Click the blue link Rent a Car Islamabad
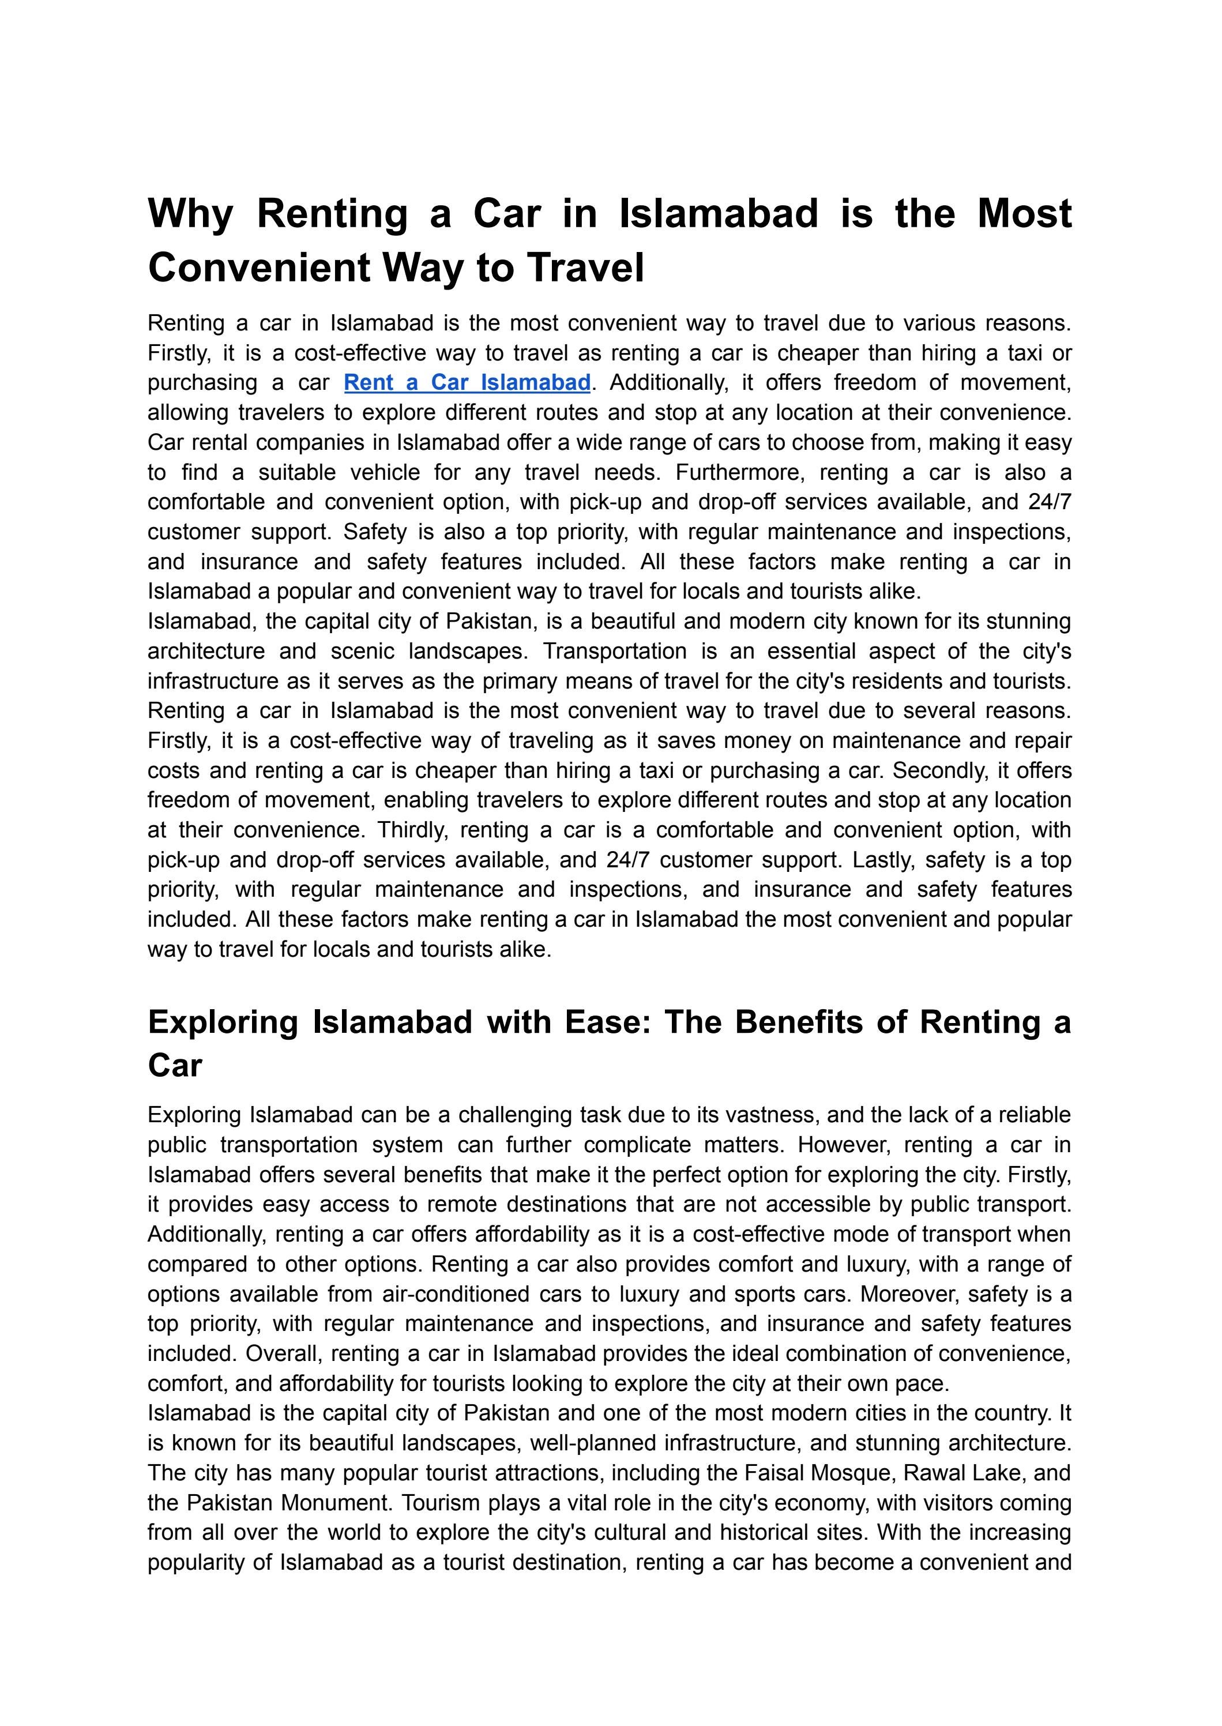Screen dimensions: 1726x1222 tap(467, 383)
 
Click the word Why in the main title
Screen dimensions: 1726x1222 tap(191, 214)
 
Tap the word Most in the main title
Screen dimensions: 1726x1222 tap(1024, 214)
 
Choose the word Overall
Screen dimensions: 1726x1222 tap(284, 1353)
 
